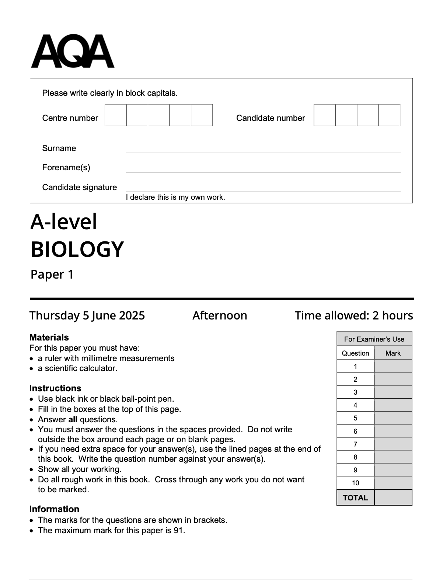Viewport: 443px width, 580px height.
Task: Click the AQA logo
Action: [x=73, y=51]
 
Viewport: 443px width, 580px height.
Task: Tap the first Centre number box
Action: [x=115, y=115]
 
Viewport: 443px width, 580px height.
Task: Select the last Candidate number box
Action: [x=389, y=115]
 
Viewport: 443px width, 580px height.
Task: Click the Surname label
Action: [x=59, y=148]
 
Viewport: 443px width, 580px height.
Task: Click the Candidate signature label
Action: [x=79, y=187]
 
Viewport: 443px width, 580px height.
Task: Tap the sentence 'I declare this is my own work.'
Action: [x=175, y=197]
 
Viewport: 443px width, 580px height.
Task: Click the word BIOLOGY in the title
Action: [x=77, y=249]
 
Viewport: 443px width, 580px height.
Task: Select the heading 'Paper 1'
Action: [x=52, y=275]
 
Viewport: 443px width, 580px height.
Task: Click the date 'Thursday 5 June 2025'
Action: [x=87, y=315]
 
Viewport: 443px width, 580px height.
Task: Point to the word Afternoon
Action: [x=220, y=315]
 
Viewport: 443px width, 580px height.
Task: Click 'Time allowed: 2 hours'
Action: [x=353, y=315]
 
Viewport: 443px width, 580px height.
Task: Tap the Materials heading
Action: [x=49, y=337]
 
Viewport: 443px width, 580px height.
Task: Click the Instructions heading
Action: [x=55, y=388]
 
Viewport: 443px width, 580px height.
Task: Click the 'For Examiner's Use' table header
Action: [x=374, y=339]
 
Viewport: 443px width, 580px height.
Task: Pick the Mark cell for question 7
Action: [x=393, y=444]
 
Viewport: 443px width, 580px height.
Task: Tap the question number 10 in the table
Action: [x=355, y=483]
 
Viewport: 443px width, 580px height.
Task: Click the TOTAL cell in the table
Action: [x=355, y=498]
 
